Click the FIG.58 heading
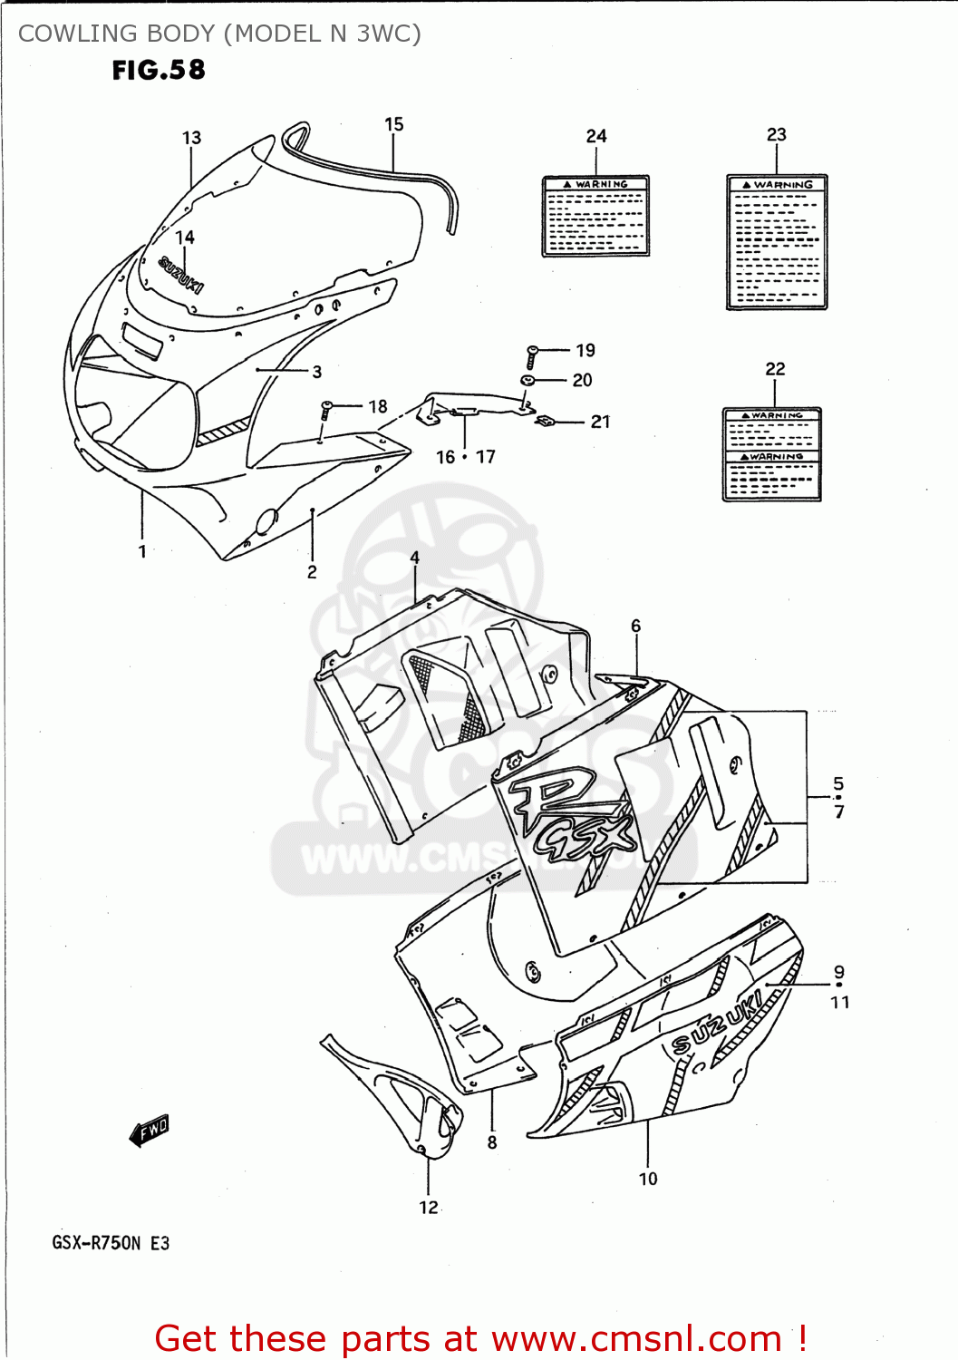pos(159,70)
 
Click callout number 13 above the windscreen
pos(191,138)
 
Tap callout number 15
pos(393,124)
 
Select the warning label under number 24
pos(595,216)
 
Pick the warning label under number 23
pos(777,242)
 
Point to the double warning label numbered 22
pos(772,453)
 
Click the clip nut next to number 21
pos(546,421)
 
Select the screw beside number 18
pos(326,409)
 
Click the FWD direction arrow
pos(150,1131)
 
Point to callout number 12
pos(429,1208)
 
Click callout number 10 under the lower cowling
pos(648,1179)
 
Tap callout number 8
pos(492,1142)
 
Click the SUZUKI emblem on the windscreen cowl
pos(181,275)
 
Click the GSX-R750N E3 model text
pos(111,1243)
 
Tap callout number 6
pos(636,626)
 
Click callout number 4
pos(415,558)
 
